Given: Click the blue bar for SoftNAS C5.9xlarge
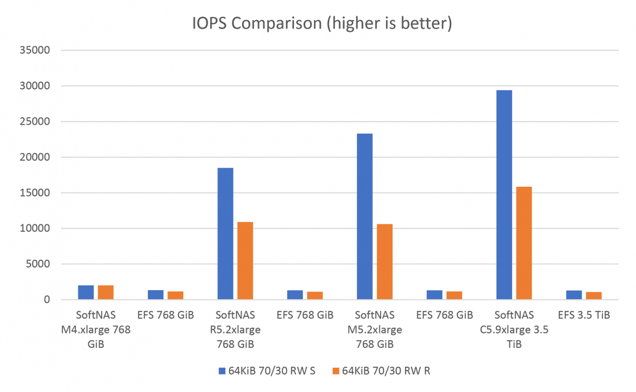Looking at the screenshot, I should [504, 195].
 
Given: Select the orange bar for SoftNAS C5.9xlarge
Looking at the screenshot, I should [524, 243].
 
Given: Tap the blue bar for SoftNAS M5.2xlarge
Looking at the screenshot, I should [365, 217].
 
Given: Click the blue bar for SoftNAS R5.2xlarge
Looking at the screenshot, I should [225, 234].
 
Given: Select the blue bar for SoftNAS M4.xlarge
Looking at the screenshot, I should [86, 293].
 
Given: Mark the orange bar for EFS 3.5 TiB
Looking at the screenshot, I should [593, 296].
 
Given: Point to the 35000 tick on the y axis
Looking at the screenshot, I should [45, 50].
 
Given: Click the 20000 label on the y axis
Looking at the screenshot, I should [45, 157].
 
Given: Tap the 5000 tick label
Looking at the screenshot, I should [47, 264].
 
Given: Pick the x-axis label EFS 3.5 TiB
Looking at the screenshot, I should [583, 315].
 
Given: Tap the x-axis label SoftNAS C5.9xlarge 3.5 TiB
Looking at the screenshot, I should [513, 330].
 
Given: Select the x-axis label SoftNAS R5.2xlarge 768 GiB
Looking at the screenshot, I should [235, 330].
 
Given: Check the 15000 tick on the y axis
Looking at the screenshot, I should [45, 193].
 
